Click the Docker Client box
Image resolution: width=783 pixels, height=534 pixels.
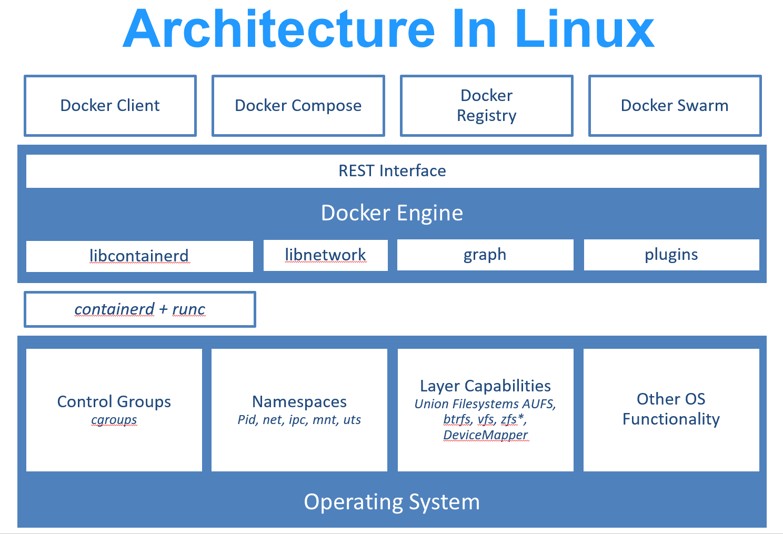click(110, 106)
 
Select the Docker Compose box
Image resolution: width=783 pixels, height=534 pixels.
click(298, 106)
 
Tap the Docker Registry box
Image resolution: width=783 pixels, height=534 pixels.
click(486, 106)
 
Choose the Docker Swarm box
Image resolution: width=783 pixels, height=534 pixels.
click(675, 106)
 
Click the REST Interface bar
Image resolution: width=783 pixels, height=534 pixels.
click(392, 171)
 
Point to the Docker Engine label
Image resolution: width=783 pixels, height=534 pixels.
click(392, 213)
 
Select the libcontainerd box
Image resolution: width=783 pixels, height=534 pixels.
click(139, 256)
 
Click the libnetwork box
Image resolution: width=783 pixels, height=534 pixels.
click(325, 255)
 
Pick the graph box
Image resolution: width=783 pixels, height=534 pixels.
click(485, 255)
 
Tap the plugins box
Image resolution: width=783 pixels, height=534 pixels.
click(671, 255)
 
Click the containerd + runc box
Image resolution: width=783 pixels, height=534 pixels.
click(139, 309)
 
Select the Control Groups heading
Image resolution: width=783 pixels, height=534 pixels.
click(114, 401)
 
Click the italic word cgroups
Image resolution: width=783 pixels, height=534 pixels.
click(114, 420)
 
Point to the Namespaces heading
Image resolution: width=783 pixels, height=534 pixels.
click(299, 401)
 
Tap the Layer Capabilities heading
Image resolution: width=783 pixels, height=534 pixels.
click(485, 386)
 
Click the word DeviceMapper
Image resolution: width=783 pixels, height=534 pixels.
click(485, 435)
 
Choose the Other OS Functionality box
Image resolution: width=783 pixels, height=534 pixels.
click(671, 409)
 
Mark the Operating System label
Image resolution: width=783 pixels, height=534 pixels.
click(392, 502)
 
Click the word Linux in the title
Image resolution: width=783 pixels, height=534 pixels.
click(584, 29)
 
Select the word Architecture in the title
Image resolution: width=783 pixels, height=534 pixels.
click(279, 29)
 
